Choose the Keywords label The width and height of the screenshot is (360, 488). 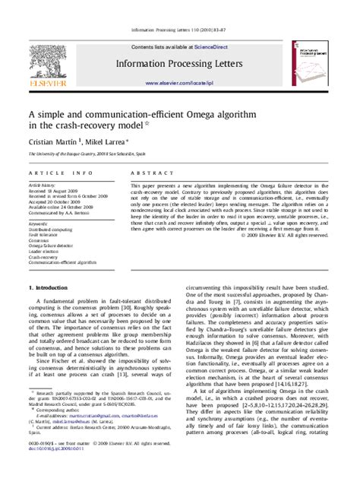[x=39, y=224]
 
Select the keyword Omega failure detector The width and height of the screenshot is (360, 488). [x=54, y=246]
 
